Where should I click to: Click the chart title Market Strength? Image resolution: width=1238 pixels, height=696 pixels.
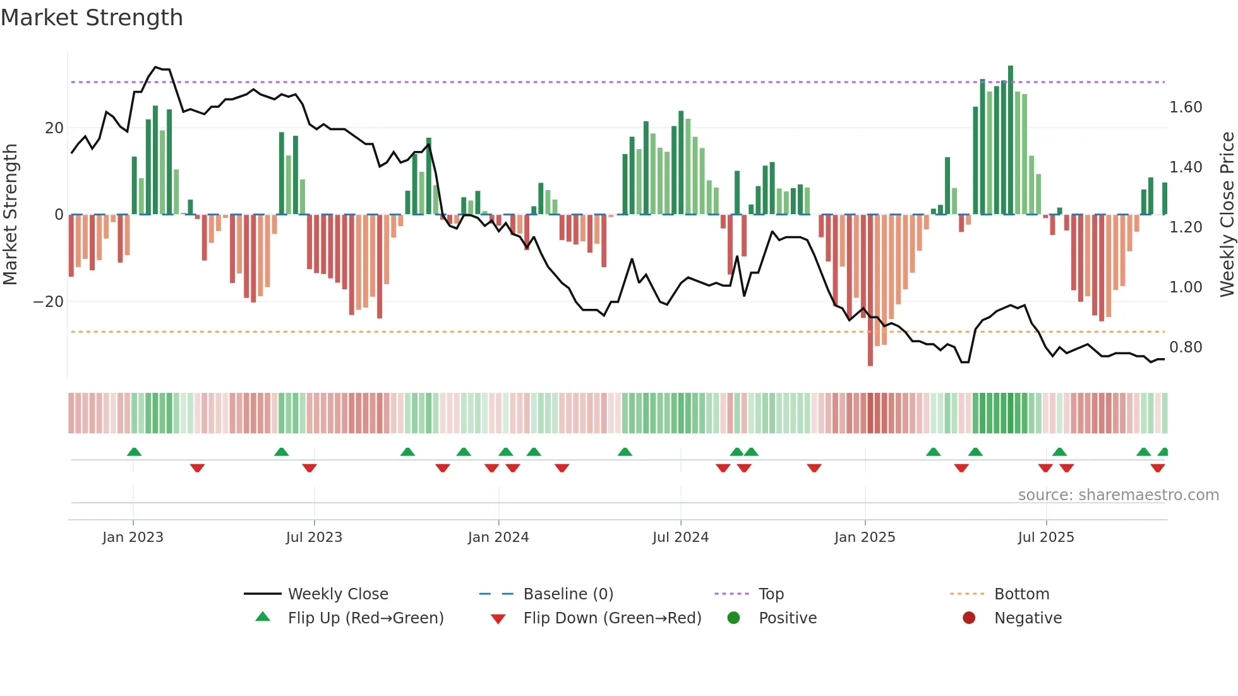click(92, 18)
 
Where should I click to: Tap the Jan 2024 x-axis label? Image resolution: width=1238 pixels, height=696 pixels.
click(498, 537)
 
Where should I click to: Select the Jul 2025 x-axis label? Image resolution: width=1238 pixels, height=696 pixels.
click(1045, 537)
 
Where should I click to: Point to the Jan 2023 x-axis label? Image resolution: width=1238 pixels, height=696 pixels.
click(133, 537)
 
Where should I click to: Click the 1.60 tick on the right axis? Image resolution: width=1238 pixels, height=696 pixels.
click(1186, 107)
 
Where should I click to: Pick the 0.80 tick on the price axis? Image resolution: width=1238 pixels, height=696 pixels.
click(1186, 347)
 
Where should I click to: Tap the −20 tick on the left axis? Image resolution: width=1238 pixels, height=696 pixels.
click(48, 302)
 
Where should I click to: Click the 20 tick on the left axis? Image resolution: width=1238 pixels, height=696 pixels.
click(54, 128)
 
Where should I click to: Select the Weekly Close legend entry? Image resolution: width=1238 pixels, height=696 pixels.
click(337, 594)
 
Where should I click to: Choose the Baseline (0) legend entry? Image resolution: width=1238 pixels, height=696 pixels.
click(568, 594)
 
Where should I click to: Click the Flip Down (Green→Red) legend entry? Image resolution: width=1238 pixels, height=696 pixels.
click(611, 618)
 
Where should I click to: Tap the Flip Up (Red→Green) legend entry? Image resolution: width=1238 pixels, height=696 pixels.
click(365, 618)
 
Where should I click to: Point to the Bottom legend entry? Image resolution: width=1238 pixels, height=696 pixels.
click(1021, 594)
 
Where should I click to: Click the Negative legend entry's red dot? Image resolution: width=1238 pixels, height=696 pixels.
click(969, 618)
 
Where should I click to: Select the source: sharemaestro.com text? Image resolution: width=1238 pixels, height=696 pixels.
click(1118, 495)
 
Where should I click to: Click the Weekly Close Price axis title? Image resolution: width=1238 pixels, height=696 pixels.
click(1227, 215)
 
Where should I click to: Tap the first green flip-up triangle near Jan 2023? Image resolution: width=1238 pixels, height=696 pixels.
click(134, 452)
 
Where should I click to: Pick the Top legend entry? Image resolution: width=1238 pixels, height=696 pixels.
click(771, 594)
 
